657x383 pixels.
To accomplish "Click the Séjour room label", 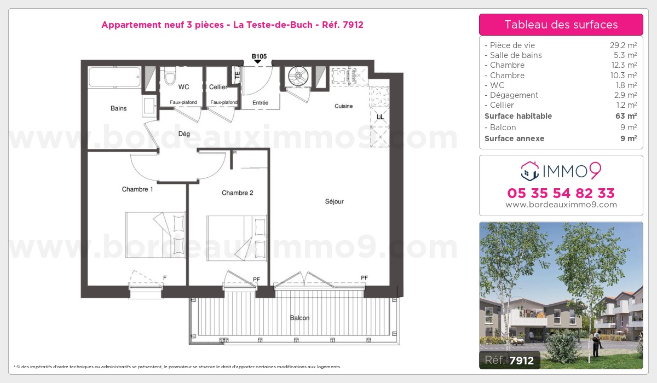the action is coord(334,201).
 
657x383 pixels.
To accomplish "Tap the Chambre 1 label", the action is coord(137,189).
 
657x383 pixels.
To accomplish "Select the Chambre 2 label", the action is coord(237,193).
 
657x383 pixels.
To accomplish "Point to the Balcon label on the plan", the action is coord(299,318).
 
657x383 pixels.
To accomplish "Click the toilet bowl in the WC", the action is coord(170,76).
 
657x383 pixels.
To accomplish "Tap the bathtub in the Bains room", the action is coord(114,77).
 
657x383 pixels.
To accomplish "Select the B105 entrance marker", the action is coord(259,58).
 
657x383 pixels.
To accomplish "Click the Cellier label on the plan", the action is coord(218,87).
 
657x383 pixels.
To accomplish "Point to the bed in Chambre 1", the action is coord(155,235).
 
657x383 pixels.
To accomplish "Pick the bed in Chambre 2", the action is coord(237,238).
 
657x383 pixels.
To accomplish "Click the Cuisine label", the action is coord(343,106).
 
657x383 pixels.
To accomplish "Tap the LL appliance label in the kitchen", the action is coord(380,117).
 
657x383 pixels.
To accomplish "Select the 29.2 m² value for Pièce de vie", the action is coord(623,45).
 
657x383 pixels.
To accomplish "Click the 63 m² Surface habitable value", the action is coord(626,116).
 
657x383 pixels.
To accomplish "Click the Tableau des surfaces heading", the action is coord(561,25).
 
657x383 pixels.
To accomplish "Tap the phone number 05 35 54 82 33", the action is coord(561,193).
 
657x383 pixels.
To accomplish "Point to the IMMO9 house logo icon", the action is coord(530,171).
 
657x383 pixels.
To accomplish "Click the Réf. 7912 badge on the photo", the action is coord(509,360).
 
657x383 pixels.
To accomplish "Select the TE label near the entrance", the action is coord(237,76).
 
